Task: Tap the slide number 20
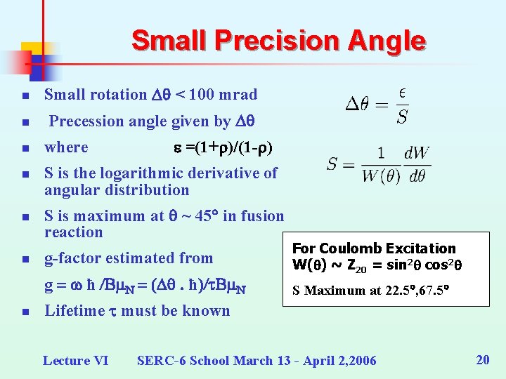pyautogui.click(x=482, y=360)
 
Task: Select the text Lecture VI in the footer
pyautogui.click(x=76, y=360)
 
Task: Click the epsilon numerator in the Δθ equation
pyautogui.click(x=401, y=93)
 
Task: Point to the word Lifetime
pyautogui.click(x=77, y=310)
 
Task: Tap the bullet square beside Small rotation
pyautogui.click(x=24, y=95)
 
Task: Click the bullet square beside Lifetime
pyautogui.click(x=24, y=312)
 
